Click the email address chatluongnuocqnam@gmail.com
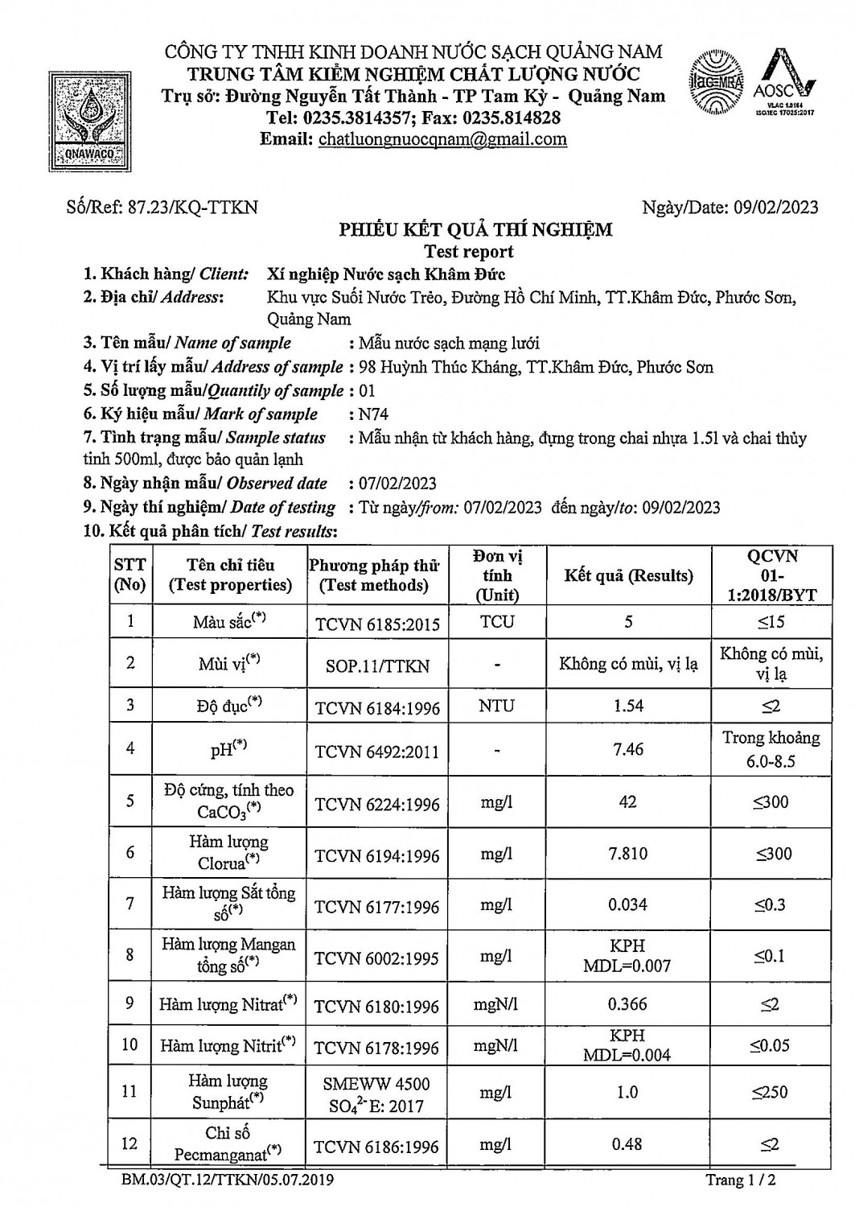pyautogui.click(x=442, y=139)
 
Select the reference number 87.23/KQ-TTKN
pyautogui.click(x=193, y=207)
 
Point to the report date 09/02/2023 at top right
pyautogui.click(x=776, y=207)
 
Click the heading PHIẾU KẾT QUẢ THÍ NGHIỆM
pyautogui.click(x=475, y=229)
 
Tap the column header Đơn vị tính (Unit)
pyautogui.click(x=497, y=575)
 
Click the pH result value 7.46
pyautogui.click(x=628, y=749)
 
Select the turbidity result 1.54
pyautogui.click(x=628, y=706)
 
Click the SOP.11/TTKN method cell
pyautogui.click(x=377, y=666)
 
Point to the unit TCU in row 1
pyautogui.click(x=497, y=622)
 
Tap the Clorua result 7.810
pyautogui.click(x=628, y=853)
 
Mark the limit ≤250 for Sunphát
pyautogui.click(x=770, y=1092)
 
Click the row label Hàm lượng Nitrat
pyautogui.click(x=228, y=1004)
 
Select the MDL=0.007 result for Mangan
pyautogui.click(x=627, y=966)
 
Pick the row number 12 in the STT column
pyautogui.click(x=129, y=1143)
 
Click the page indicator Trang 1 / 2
pyautogui.click(x=740, y=1180)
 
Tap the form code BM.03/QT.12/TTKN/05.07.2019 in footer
pyautogui.click(x=228, y=1180)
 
